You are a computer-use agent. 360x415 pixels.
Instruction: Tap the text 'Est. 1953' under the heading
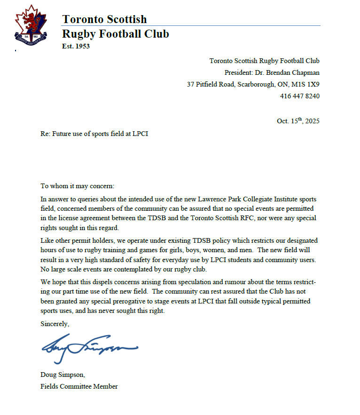coord(76,46)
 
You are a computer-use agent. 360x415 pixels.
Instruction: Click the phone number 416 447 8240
coord(300,96)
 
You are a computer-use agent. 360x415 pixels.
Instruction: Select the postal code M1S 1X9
coord(306,84)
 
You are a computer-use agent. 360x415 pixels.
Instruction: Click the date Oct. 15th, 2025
coord(298,120)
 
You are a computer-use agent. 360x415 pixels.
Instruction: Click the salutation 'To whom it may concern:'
coord(77,186)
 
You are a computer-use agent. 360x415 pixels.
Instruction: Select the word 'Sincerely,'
coord(55,324)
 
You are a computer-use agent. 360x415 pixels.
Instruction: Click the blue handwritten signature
coord(89,348)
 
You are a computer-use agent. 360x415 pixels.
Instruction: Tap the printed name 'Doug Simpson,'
coord(62,375)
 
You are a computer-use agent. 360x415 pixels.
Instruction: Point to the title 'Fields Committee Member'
coord(79,386)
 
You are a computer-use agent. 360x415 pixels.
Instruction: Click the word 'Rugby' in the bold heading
coord(78,34)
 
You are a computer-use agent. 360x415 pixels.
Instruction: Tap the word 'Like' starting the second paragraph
coord(47,240)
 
